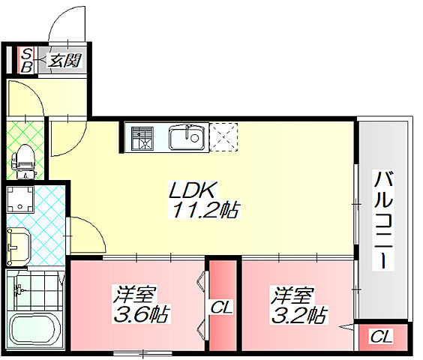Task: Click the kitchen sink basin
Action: (x=184, y=138)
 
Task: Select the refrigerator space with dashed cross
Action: (x=223, y=138)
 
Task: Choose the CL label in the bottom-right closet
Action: (x=381, y=337)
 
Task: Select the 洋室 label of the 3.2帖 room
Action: (x=286, y=293)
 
